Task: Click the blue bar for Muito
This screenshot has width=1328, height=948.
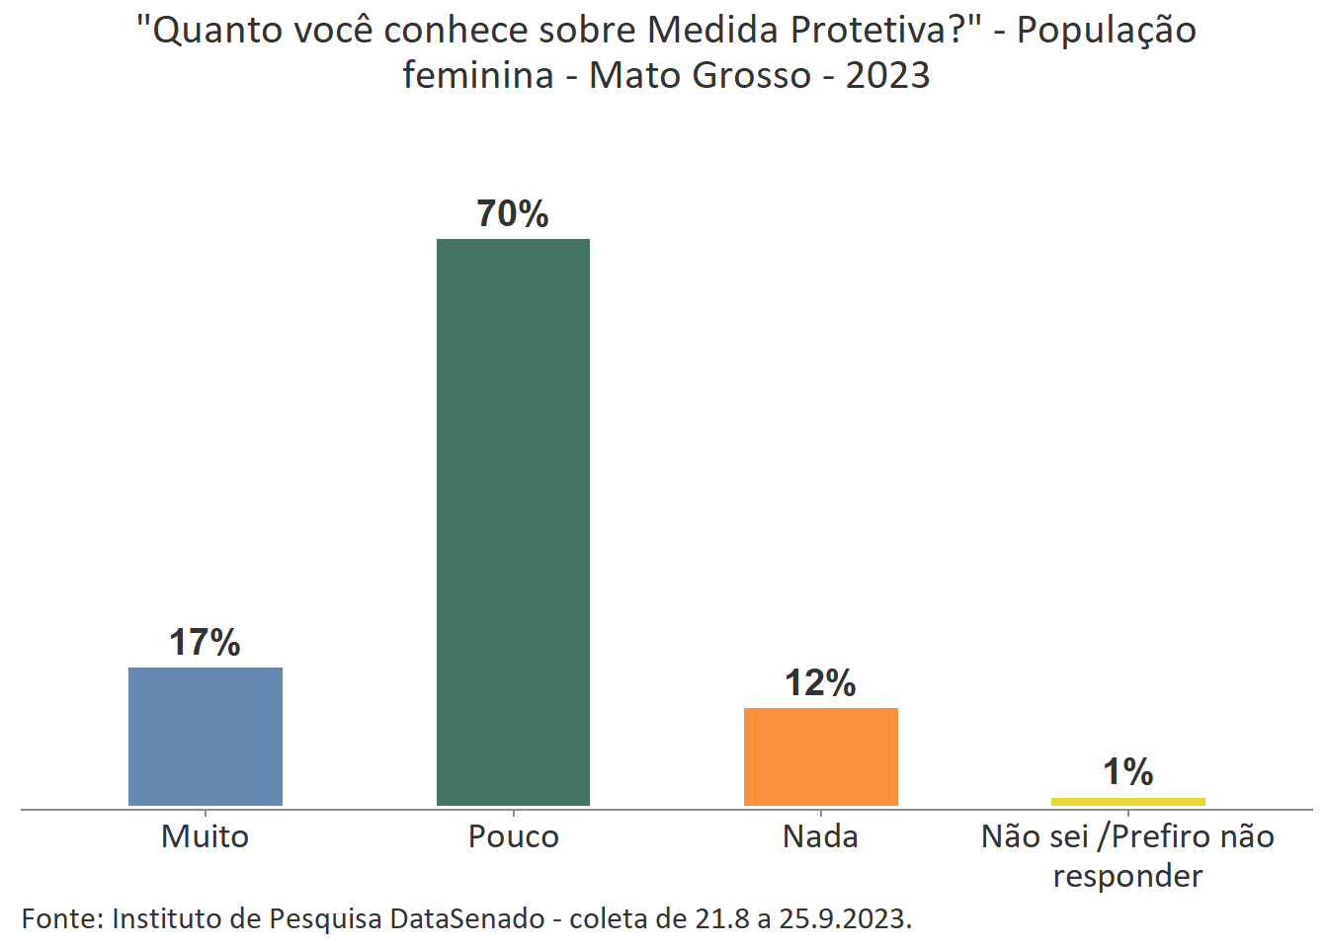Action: point(206,737)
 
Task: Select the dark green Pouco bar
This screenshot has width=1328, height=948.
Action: point(513,522)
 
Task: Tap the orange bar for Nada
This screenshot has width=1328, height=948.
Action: point(820,756)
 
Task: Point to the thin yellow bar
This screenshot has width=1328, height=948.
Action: point(1127,801)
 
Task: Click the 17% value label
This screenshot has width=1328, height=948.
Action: point(205,643)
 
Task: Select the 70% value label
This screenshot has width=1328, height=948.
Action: point(513,213)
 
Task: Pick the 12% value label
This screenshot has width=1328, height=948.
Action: point(820,683)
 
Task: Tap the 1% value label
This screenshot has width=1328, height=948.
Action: point(1127,772)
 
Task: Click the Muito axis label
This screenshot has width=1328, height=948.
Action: point(205,836)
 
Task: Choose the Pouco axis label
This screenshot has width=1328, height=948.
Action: point(513,836)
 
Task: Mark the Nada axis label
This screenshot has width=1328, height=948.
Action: point(820,836)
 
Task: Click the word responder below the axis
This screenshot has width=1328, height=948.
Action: point(1127,876)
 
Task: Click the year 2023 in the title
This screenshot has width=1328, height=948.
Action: point(887,75)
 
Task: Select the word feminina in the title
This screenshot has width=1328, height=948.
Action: point(478,75)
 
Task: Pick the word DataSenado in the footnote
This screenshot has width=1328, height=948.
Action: point(466,918)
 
